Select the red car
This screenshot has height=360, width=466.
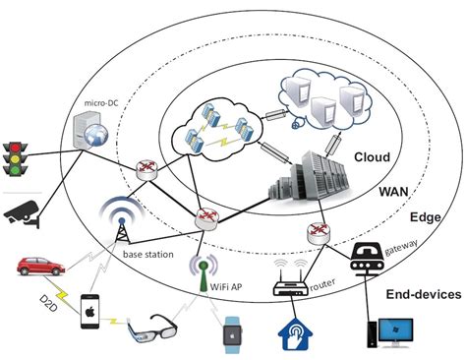coord(38,266)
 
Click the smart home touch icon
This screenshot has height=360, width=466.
coord(295,331)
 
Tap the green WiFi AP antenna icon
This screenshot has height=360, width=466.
coord(204,267)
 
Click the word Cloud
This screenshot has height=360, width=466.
coord(372,157)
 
